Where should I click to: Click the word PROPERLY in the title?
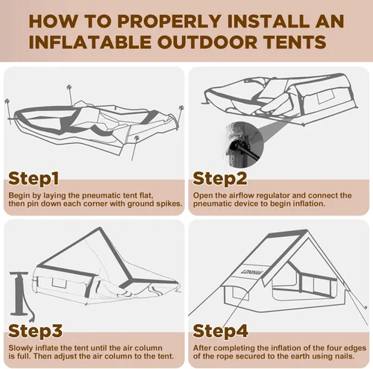[171, 22]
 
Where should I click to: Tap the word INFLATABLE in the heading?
[90, 42]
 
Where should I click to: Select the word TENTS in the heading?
[295, 42]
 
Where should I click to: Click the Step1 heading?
[34, 178]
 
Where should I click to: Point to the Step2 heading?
[220, 178]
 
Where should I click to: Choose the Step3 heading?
[35, 331]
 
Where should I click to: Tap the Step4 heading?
[220, 331]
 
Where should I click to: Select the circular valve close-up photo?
[244, 145]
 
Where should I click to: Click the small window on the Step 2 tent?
[325, 97]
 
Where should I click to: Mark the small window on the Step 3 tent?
[60, 283]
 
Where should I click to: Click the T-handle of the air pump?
[19, 274]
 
